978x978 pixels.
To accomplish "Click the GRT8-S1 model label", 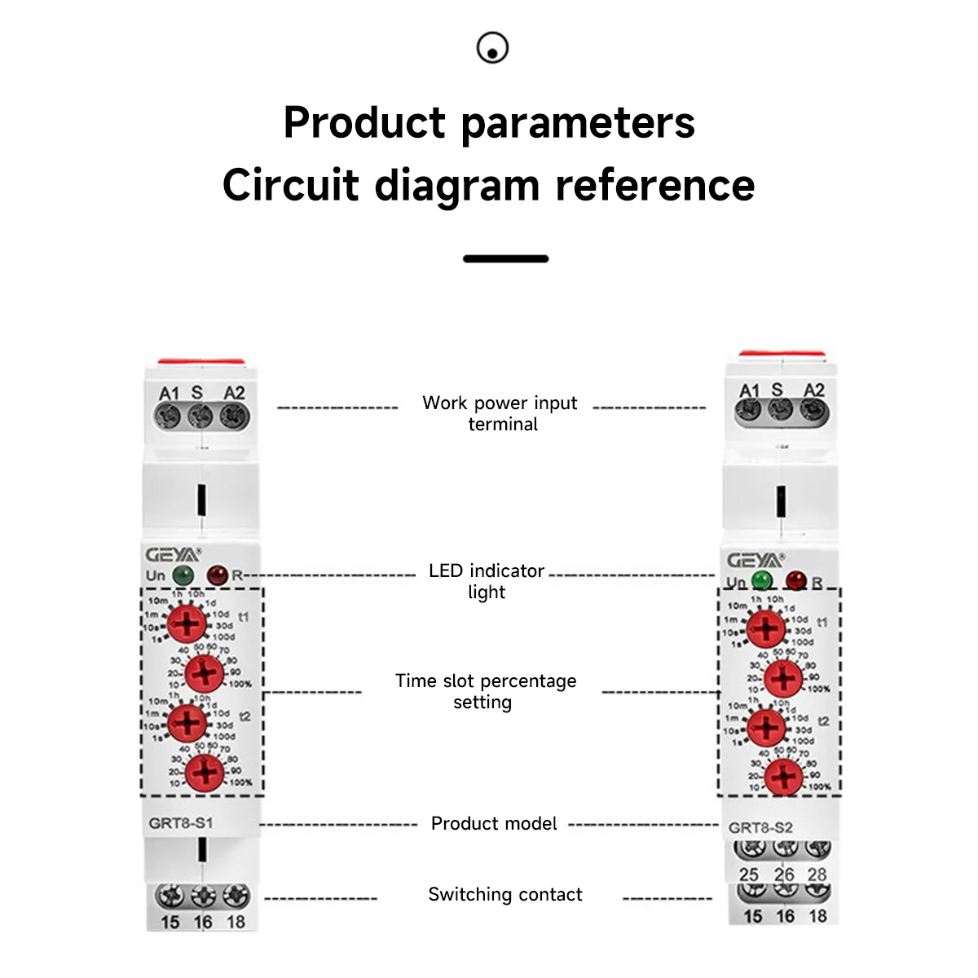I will (x=181, y=823).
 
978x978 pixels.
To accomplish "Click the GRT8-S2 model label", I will (x=760, y=827).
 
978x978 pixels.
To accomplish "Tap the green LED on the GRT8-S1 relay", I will (x=184, y=575).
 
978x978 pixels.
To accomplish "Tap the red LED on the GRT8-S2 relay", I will (x=795, y=581).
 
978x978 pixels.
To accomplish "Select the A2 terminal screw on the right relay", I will (x=813, y=412).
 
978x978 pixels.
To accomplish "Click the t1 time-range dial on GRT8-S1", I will (x=187, y=625).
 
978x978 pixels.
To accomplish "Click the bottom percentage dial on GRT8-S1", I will (x=205, y=773).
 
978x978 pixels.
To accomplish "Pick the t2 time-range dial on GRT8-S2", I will (x=766, y=727).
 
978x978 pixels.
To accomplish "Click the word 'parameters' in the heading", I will (x=578, y=124).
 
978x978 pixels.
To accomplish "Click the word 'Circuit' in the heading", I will (x=290, y=185).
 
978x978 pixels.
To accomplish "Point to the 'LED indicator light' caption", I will (x=487, y=581).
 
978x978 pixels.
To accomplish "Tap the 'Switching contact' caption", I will (x=505, y=895).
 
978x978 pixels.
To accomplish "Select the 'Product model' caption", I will (x=494, y=824).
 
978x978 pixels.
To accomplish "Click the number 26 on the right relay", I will (x=784, y=874).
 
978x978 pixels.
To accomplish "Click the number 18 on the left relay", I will (x=236, y=922).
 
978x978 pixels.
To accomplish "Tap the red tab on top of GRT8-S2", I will (x=782, y=355).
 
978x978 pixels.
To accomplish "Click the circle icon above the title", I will (x=492, y=48).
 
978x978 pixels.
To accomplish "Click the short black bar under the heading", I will (x=505, y=258).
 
